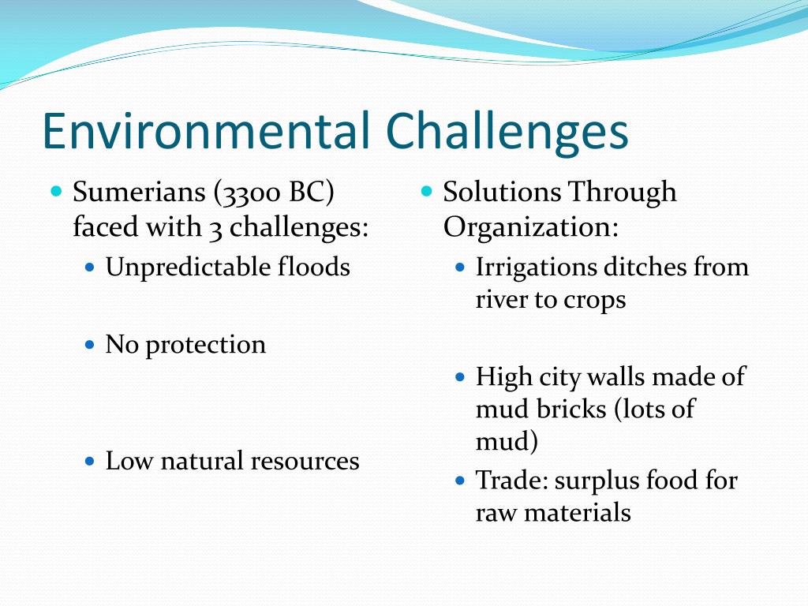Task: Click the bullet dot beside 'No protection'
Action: coord(90,345)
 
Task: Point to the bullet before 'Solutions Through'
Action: coord(427,191)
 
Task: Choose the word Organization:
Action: coord(530,227)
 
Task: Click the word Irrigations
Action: coord(536,267)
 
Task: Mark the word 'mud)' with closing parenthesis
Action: coord(507,442)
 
